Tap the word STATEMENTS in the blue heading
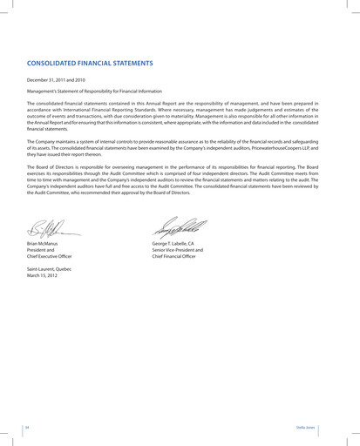(x=131, y=64)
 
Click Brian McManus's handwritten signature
(x=53, y=230)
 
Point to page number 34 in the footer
(x=27, y=428)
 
